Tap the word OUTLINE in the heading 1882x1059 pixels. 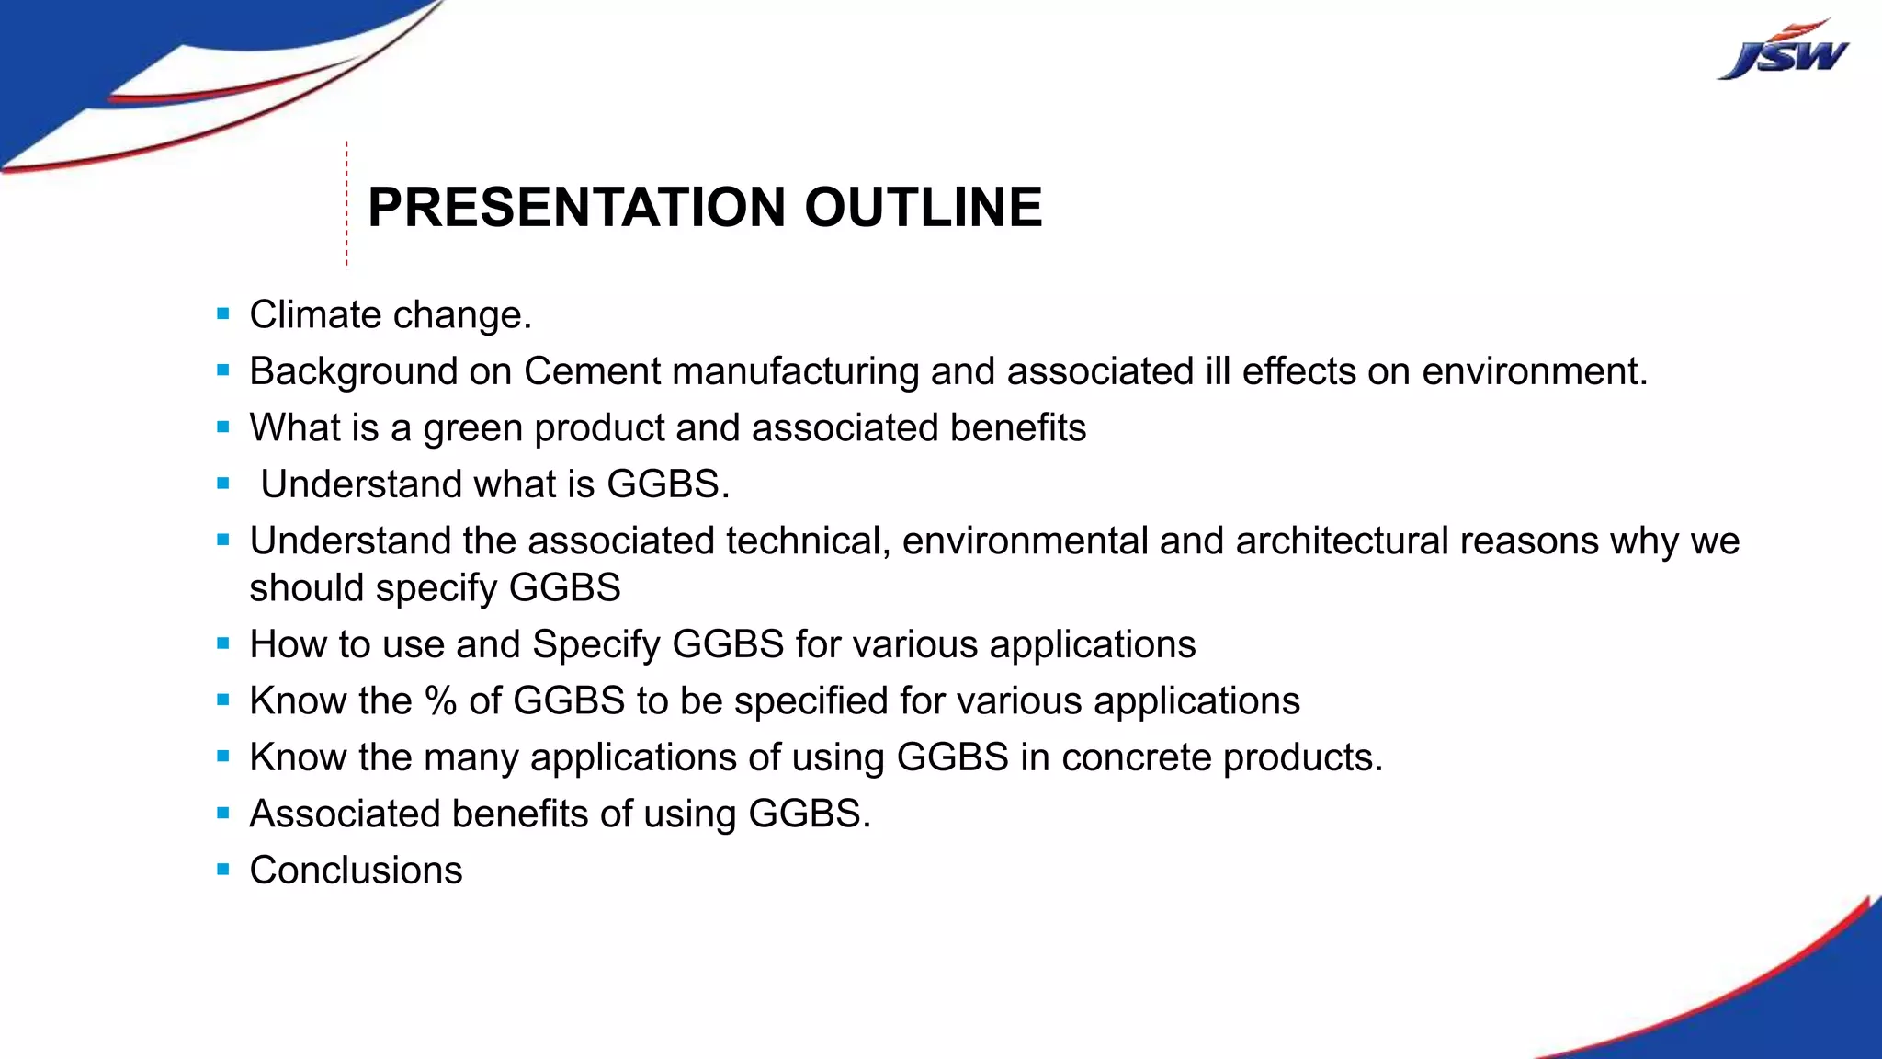pos(923,207)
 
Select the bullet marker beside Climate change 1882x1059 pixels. pos(223,314)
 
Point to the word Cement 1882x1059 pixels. pos(592,371)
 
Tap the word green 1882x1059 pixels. pos(472,428)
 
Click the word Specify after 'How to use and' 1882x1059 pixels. pos(595,645)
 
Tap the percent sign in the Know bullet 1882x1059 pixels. pos(440,701)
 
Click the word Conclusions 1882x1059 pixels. pos(356,871)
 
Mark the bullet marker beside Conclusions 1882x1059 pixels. pos(223,870)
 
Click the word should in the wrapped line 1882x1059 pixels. pos(306,588)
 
